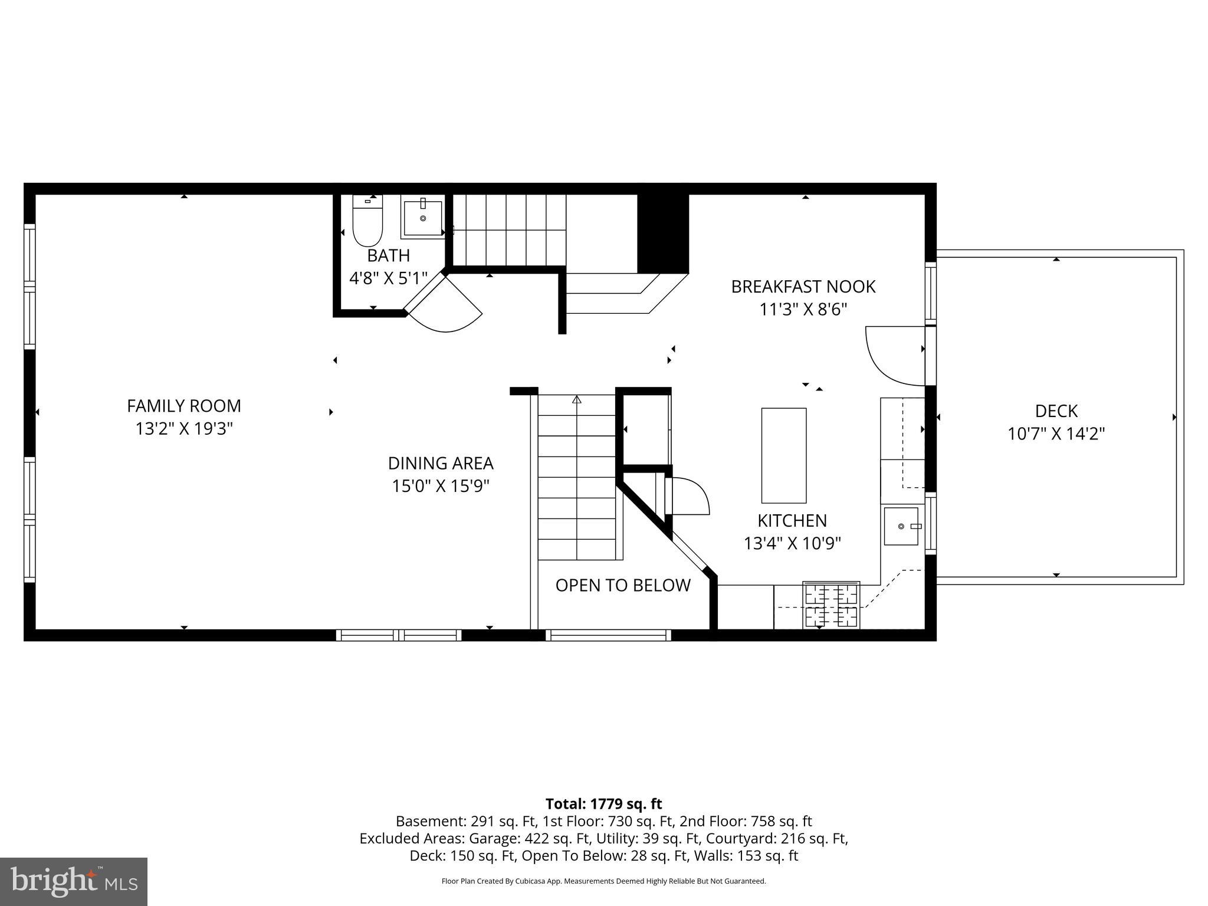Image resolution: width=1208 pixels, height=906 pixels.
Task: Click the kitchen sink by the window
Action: tap(901, 526)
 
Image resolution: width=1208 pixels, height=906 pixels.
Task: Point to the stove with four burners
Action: tap(831, 605)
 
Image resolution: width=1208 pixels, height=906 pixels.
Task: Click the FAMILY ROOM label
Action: tap(184, 406)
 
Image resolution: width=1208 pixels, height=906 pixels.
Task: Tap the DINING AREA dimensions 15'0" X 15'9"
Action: tap(441, 486)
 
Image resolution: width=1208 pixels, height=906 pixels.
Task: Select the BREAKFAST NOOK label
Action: tap(803, 287)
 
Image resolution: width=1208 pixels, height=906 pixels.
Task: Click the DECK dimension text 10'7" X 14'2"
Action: tap(1056, 434)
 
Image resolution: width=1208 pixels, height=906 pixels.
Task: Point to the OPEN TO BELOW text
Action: tap(623, 585)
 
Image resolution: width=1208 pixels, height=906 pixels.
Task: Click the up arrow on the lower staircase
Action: tap(577, 400)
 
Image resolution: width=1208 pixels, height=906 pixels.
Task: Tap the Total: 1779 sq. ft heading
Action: tap(603, 803)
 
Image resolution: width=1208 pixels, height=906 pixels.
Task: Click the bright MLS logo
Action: tap(74, 881)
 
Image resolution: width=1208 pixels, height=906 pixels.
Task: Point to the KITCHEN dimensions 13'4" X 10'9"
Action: tap(792, 543)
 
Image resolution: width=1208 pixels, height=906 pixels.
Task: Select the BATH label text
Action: tap(388, 255)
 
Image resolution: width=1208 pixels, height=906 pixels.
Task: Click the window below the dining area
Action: tap(399, 635)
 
